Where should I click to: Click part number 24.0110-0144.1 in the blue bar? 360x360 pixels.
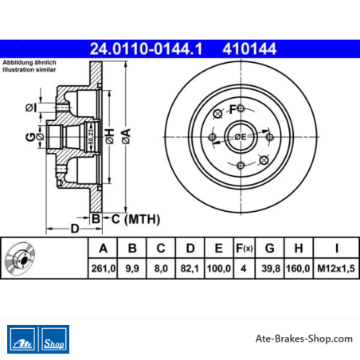(146, 49)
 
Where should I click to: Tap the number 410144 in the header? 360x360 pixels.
(249, 49)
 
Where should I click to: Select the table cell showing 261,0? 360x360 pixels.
(103, 268)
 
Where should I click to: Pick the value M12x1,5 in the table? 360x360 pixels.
(336, 268)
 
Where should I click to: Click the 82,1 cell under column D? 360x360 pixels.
(190, 268)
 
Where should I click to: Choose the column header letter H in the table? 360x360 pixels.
(299, 248)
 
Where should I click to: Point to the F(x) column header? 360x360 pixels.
(245, 248)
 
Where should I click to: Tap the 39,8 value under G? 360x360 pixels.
(271, 268)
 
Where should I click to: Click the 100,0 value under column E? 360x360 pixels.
(219, 268)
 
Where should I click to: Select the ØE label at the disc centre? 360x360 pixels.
(241, 137)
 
